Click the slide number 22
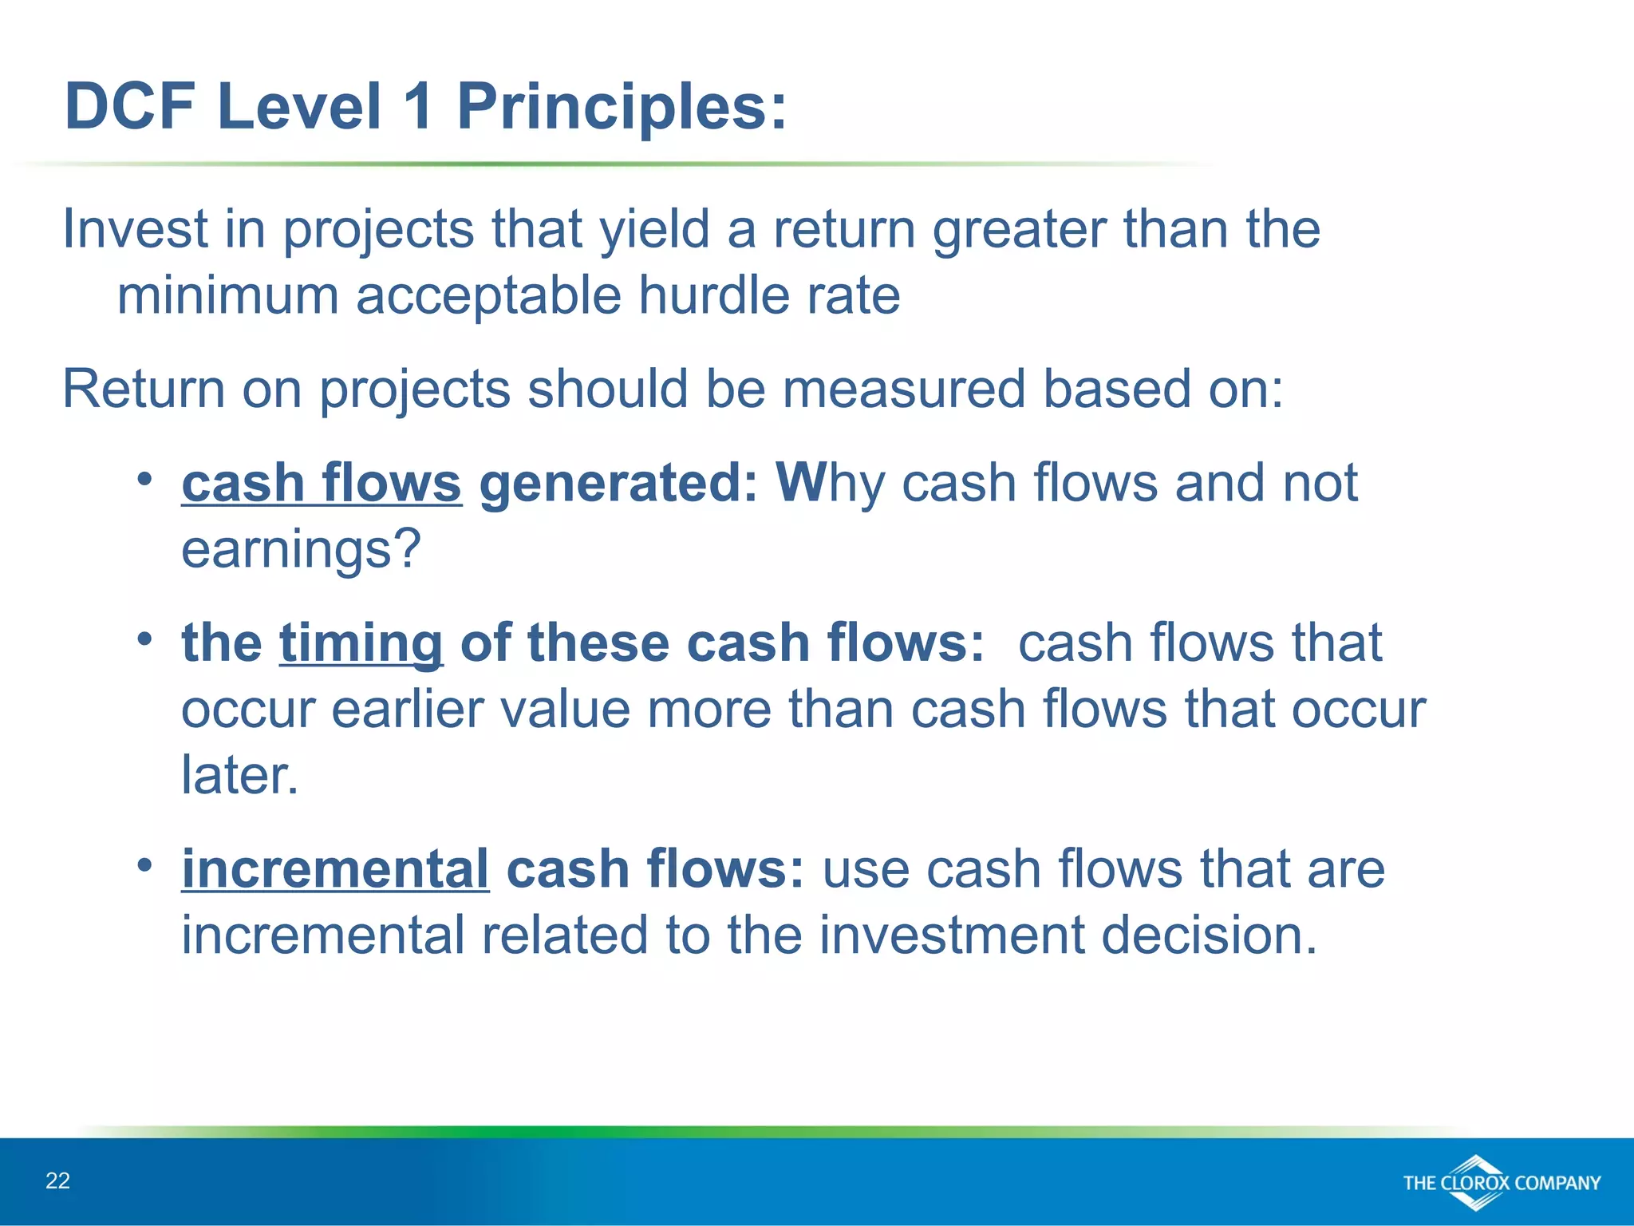[x=57, y=1181]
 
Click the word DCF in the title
[x=130, y=106]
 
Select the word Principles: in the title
[x=622, y=108]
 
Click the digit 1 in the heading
[x=419, y=106]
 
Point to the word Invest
[x=134, y=230]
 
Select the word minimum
[x=227, y=295]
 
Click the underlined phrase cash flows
[x=321, y=484]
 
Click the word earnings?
[x=301, y=550]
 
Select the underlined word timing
[x=361, y=643]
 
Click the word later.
[x=239, y=775]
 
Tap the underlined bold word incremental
[x=335, y=869]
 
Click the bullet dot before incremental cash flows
[x=144, y=865]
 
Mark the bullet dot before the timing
[x=144, y=639]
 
